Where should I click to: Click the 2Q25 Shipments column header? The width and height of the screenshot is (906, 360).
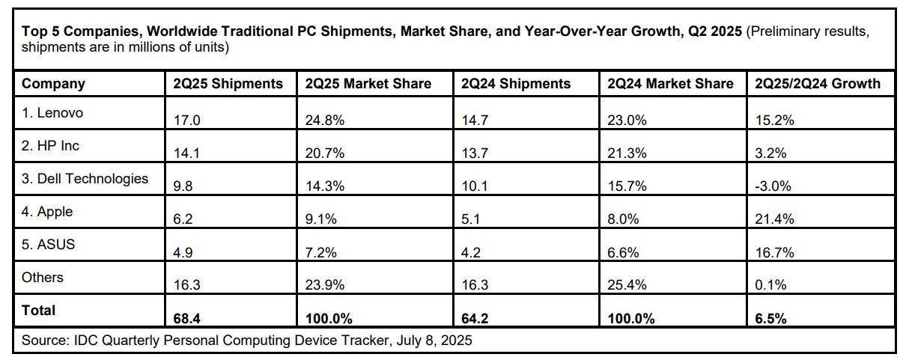click(x=227, y=84)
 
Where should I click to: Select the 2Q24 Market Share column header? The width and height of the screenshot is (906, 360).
click(x=670, y=84)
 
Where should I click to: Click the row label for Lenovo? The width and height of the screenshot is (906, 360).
click(x=52, y=113)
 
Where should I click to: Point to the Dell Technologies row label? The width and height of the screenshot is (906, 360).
click(x=85, y=179)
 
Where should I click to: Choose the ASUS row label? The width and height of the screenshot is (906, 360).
click(x=49, y=245)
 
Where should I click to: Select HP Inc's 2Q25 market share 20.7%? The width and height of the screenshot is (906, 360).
click(x=325, y=153)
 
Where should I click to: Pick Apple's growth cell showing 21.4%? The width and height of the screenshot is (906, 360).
click(x=774, y=219)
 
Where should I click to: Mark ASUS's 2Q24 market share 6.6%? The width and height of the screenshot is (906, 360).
click(x=623, y=252)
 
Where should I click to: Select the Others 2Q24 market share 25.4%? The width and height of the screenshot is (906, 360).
click(x=626, y=285)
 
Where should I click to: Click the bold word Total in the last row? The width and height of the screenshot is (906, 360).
click(x=39, y=310)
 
